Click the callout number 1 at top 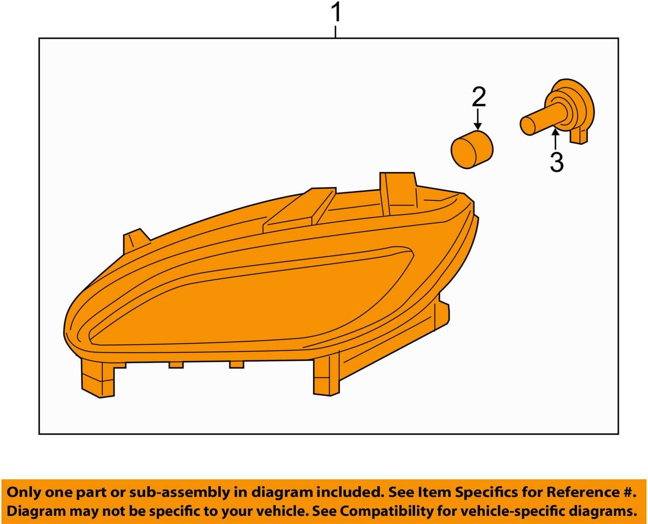(336, 12)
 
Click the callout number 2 (479, 97)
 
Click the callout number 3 (556, 163)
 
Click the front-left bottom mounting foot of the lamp (98, 378)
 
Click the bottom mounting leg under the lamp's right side (327, 376)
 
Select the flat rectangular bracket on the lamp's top (300, 209)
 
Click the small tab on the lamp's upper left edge (134, 240)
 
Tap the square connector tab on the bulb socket (579, 136)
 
